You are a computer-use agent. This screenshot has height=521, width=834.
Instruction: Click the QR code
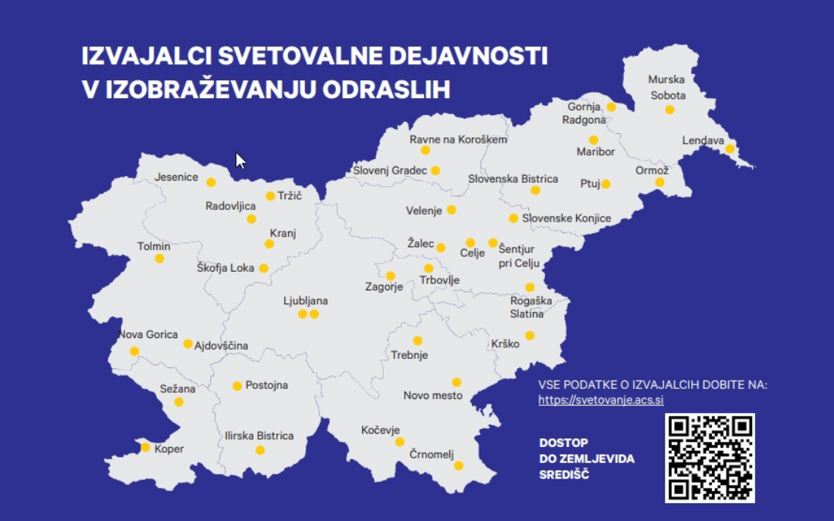[710, 458]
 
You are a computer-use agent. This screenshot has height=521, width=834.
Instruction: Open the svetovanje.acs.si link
[601, 400]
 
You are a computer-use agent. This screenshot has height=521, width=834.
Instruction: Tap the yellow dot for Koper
[145, 447]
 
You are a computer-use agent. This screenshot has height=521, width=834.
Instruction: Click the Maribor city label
[595, 152]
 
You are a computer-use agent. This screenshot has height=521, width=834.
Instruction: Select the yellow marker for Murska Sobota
[670, 110]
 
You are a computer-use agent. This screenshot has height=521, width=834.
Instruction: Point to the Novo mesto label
[433, 396]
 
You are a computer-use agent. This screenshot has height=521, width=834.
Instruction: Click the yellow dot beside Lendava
[730, 149]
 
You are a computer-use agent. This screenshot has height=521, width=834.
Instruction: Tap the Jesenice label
[176, 177]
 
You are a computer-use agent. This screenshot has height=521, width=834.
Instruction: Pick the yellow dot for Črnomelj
[459, 465]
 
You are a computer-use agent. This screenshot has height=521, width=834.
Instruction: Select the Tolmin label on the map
[154, 246]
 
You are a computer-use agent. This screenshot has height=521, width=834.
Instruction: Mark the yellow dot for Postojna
[237, 386]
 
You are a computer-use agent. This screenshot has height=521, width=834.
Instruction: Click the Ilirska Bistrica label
[259, 436]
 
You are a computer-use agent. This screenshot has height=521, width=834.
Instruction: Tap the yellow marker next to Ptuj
[606, 184]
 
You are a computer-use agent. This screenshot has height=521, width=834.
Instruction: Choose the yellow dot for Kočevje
[400, 442]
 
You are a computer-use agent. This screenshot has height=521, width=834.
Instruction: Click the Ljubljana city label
[306, 301]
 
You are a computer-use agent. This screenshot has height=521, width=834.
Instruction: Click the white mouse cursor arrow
[240, 161]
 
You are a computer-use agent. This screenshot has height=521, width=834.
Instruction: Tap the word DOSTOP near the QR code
[564, 442]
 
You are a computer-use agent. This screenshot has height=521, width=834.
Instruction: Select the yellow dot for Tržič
[270, 196]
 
